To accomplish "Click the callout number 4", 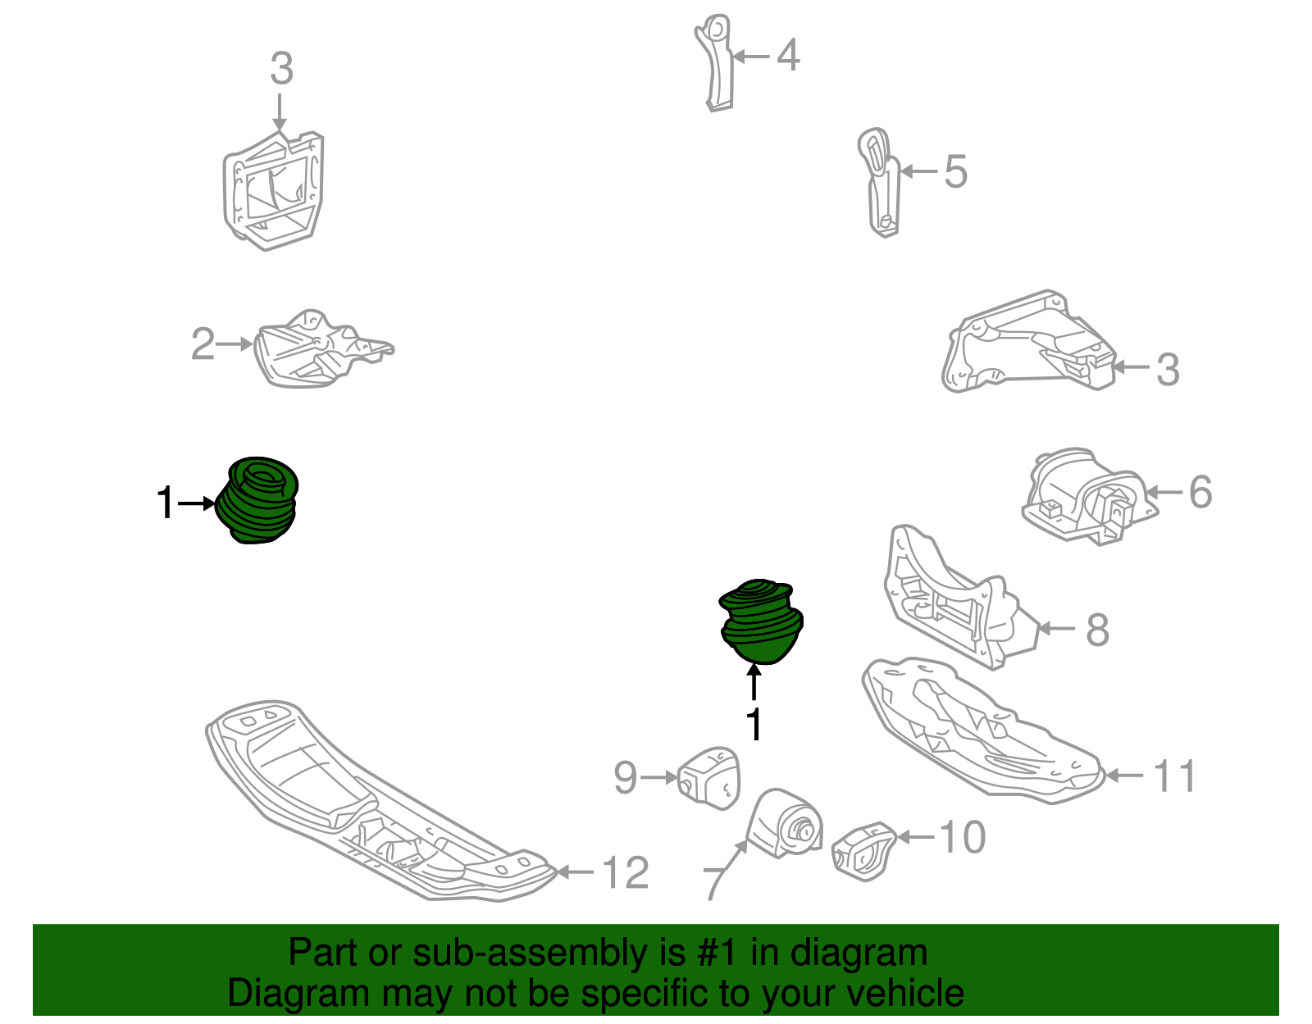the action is coord(787,56).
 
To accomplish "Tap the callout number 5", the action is coord(956,172).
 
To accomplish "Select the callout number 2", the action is coord(203,344).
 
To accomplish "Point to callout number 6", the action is coord(1200,492).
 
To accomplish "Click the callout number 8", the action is coord(1098,630).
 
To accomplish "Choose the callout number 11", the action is coord(1174,776).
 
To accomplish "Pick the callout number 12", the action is coord(626,872).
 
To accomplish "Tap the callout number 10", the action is coord(963,837).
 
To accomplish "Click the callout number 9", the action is coord(625,778).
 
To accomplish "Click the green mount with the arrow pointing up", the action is coord(761,621).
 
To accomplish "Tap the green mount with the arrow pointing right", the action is coord(257,500).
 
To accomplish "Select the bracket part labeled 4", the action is coord(715,63).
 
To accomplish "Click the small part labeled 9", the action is coord(708,778).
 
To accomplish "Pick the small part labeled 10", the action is coord(863,852).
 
